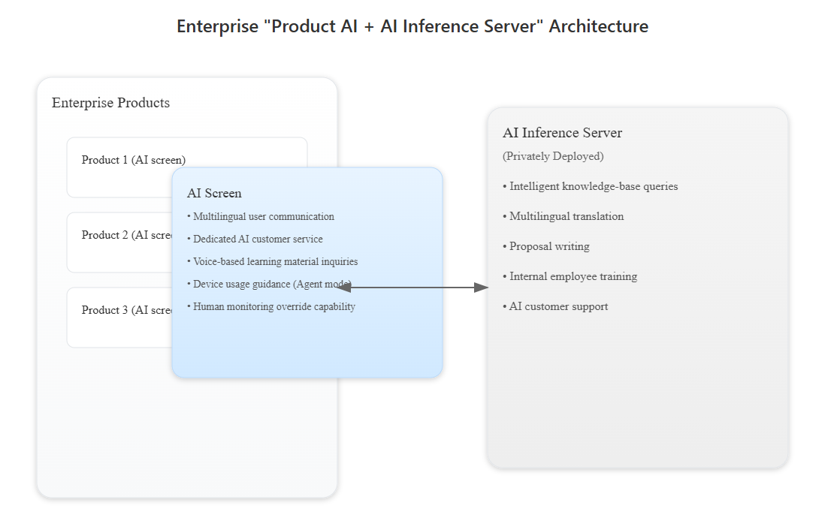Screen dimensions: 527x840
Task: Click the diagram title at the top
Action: click(x=412, y=26)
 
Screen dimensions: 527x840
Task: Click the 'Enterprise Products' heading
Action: click(x=110, y=103)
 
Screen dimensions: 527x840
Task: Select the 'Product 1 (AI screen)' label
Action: click(x=133, y=160)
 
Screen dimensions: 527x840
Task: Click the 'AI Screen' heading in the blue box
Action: click(x=214, y=194)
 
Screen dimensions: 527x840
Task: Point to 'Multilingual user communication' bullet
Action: click(x=263, y=217)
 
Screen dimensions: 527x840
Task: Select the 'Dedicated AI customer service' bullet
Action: click(x=258, y=239)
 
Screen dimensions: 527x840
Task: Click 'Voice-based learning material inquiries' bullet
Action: click(x=275, y=262)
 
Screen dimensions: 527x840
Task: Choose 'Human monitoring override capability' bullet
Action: click(x=273, y=307)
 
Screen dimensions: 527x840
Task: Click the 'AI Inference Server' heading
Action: click(x=562, y=133)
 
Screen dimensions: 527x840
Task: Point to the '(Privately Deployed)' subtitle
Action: click(x=553, y=156)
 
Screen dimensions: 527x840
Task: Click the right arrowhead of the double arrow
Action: click(x=481, y=288)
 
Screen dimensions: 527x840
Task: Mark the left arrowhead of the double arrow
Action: click(x=345, y=288)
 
